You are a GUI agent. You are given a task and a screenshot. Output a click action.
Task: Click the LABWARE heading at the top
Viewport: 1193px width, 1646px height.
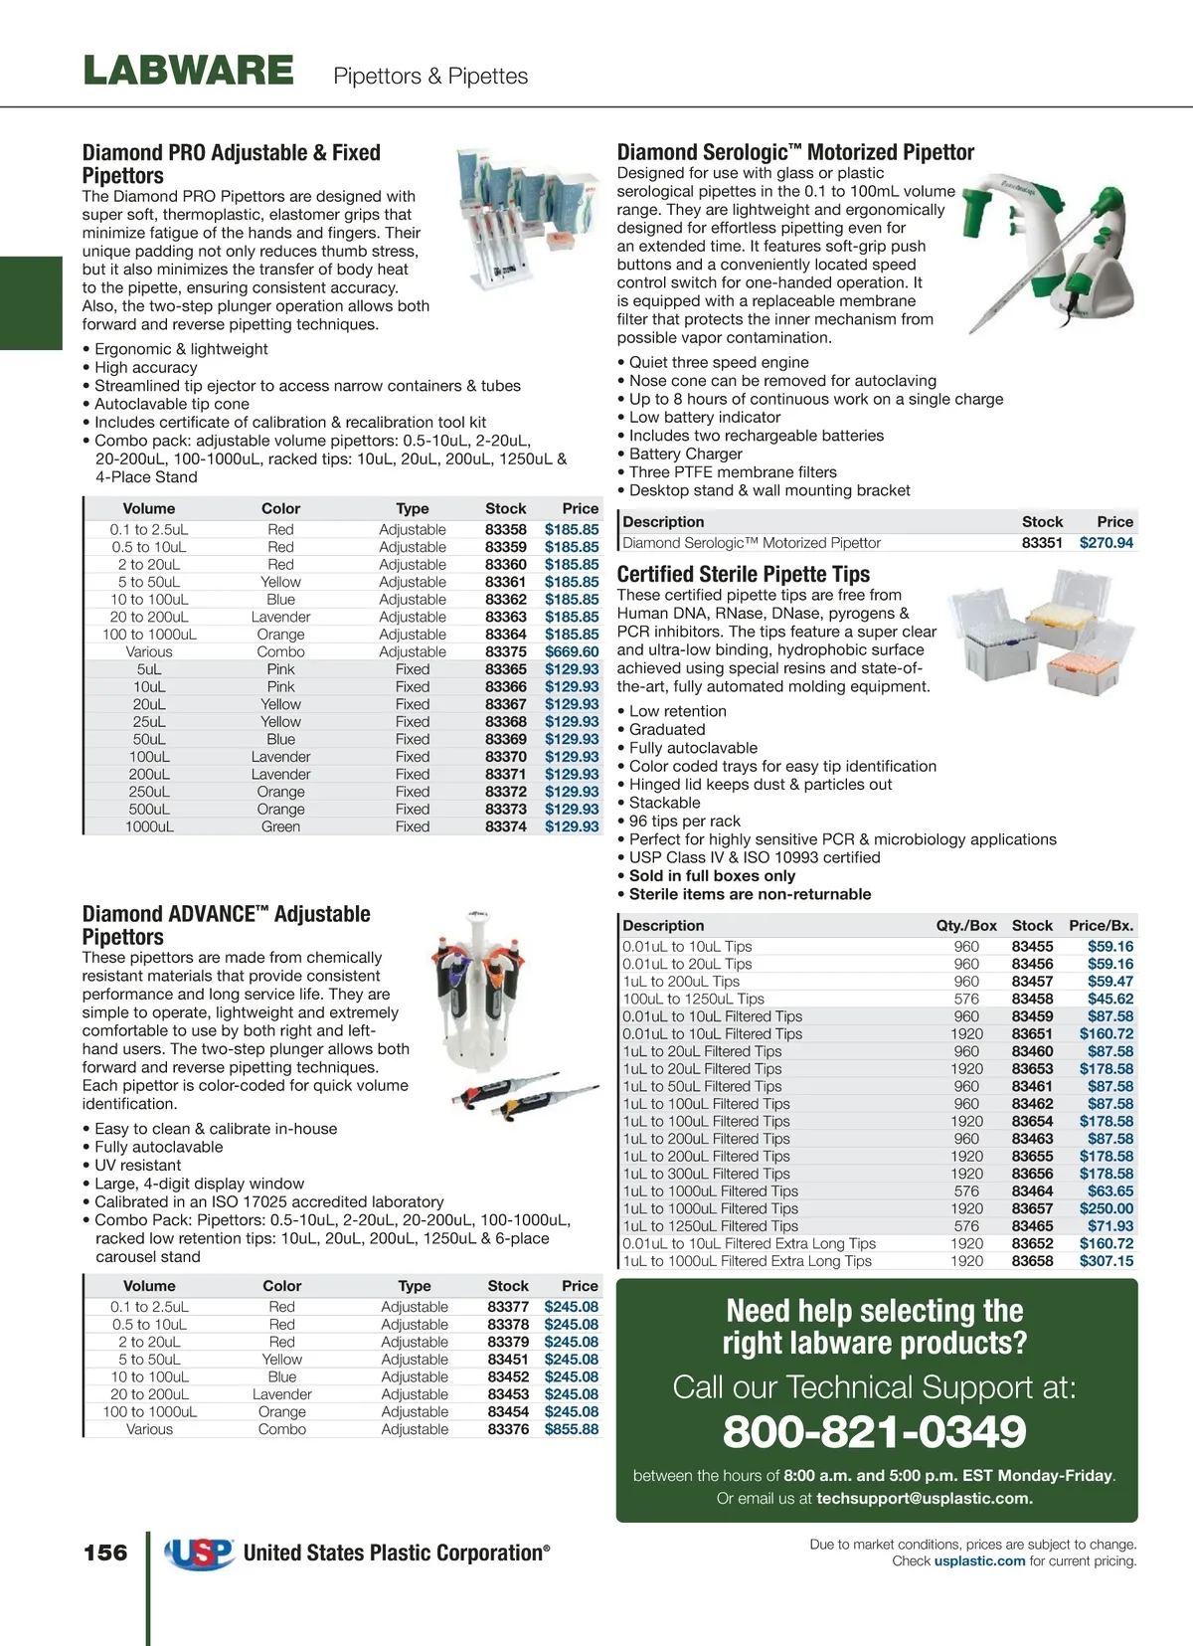point(188,71)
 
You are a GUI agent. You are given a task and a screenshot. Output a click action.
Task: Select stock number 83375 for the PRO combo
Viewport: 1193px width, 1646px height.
point(505,651)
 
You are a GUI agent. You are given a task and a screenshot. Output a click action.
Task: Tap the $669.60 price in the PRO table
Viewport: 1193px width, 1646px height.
point(572,651)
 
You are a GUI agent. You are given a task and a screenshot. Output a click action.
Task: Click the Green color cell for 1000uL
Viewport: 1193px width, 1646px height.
point(280,826)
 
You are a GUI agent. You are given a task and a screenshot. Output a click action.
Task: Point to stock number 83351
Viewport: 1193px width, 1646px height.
point(1042,543)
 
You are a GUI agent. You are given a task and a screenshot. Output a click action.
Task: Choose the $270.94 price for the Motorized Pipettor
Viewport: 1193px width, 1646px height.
point(1106,543)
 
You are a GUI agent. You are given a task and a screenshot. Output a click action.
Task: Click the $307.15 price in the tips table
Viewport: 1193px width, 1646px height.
point(1106,1261)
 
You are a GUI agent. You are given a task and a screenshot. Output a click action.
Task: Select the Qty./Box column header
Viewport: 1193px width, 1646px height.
point(965,925)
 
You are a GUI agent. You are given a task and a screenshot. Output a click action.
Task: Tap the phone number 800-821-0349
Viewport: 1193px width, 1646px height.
point(875,1432)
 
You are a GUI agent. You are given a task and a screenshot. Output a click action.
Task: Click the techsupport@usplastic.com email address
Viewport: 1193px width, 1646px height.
point(925,1498)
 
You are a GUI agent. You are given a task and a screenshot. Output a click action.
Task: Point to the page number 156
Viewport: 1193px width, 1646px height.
point(105,1553)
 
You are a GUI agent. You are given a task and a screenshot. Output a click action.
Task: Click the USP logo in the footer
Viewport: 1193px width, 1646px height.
point(199,1553)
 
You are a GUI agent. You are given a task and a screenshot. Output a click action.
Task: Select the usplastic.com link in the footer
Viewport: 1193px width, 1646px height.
point(979,1561)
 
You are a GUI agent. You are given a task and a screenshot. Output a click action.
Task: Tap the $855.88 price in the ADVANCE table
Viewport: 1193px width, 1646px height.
point(571,1429)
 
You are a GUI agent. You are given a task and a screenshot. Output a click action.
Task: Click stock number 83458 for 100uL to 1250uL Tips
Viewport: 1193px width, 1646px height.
point(1032,999)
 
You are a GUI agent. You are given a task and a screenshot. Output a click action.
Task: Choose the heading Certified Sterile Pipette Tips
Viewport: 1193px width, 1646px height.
point(743,574)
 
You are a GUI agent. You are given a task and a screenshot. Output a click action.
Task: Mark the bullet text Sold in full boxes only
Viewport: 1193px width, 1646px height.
point(712,875)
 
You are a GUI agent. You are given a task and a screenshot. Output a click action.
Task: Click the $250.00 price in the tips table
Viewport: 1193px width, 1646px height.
point(1106,1208)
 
